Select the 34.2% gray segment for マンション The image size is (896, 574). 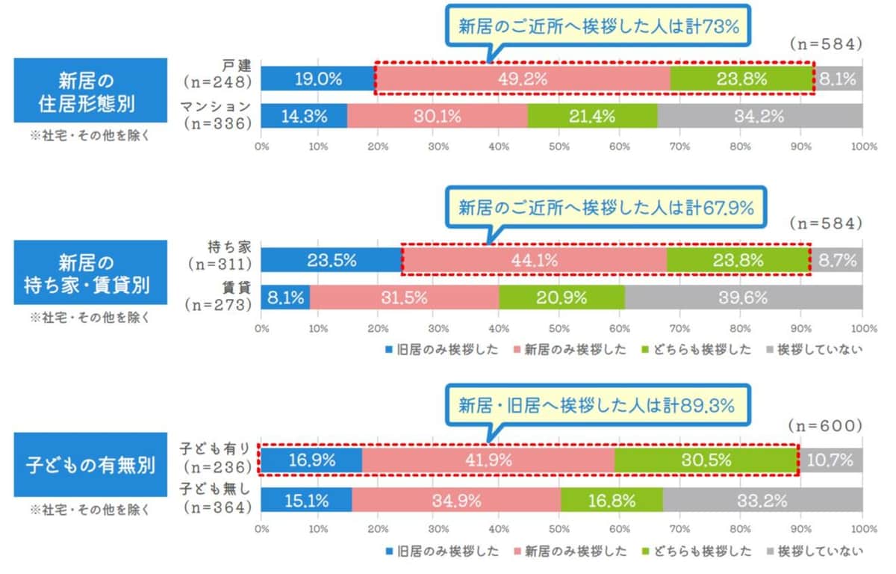click(x=759, y=116)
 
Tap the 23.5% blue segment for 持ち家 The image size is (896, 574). click(x=332, y=261)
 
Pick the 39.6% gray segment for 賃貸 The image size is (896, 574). click(x=744, y=297)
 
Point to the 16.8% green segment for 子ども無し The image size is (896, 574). click(x=611, y=499)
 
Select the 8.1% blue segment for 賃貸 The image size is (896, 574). click(x=285, y=297)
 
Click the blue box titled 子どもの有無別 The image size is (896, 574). click(x=90, y=465)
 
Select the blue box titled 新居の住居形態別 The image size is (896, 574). click(x=90, y=90)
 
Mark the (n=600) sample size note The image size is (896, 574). click(x=825, y=425)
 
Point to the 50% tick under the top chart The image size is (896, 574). click(x=560, y=147)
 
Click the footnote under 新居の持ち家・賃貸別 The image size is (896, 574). click(x=90, y=317)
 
